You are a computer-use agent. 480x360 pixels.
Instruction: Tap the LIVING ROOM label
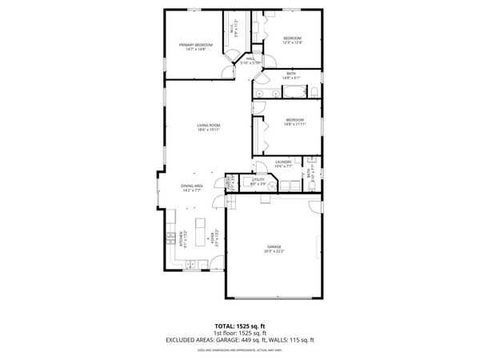(x=209, y=126)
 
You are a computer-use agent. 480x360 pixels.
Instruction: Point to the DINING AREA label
(x=193, y=186)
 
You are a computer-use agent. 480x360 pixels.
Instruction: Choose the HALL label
(x=250, y=58)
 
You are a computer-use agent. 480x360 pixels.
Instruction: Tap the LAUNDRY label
(x=284, y=162)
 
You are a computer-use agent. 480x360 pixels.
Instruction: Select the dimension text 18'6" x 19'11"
(x=209, y=130)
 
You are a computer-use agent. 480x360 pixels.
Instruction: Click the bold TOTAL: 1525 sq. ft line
(x=239, y=327)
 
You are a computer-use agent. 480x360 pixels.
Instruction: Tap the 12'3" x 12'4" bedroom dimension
(x=294, y=43)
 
